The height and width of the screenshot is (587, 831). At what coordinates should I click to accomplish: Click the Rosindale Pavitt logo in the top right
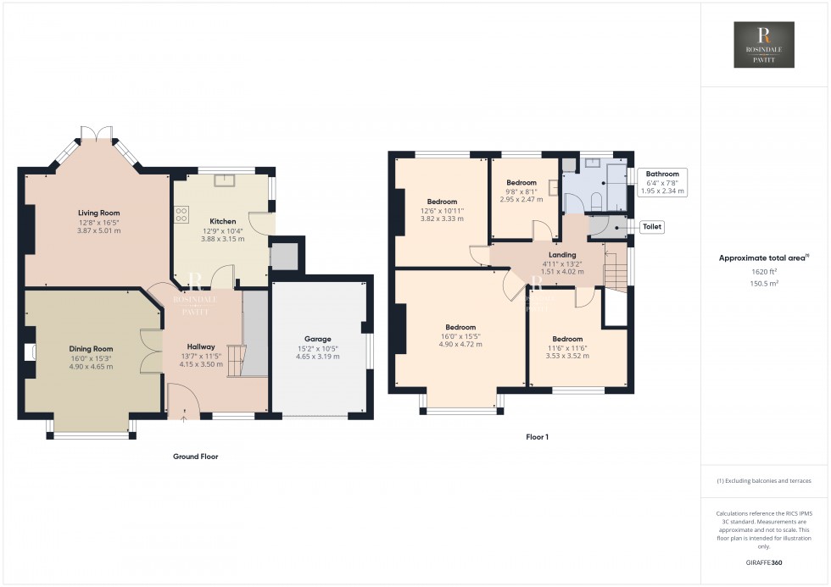pyautogui.click(x=763, y=45)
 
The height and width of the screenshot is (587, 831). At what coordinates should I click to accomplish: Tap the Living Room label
pyautogui.click(x=99, y=213)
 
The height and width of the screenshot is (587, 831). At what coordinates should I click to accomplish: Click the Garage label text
pyautogui.click(x=319, y=339)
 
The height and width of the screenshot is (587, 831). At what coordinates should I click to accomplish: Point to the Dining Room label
pyautogui.click(x=91, y=349)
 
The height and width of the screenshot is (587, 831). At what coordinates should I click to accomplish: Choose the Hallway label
pyautogui.click(x=201, y=346)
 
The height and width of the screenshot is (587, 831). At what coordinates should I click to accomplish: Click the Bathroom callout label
pyautogui.click(x=662, y=174)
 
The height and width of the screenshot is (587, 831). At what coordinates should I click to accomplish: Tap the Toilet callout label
pyautogui.click(x=652, y=227)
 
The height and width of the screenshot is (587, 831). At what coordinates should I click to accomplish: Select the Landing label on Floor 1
pyautogui.click(x=562, y=254)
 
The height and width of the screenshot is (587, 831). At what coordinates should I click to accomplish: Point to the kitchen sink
pyautogui.click(x=226, y=179)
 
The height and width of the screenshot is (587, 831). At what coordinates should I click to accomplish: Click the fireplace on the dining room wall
pyautogui.click(x=30, y=352)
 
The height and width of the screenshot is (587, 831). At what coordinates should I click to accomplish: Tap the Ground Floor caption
pyautogui.click(x=196, y=457)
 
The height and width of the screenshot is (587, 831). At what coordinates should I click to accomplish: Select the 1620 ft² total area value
pyautogui.click(x=763, y=272)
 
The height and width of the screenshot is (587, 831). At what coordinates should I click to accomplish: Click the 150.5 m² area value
pyautogui.click(x=763, y=283)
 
